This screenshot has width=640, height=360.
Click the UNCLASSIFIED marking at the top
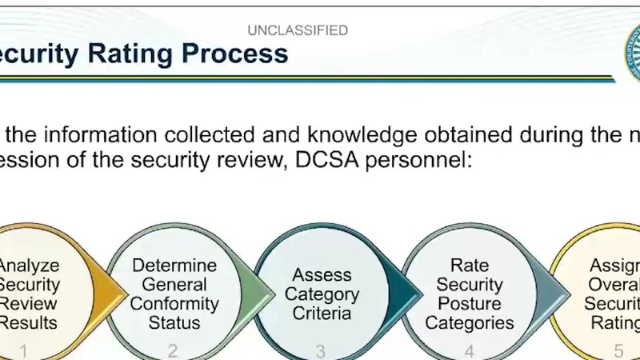298,30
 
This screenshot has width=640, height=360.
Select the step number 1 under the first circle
24,350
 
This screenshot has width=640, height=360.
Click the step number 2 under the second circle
173,350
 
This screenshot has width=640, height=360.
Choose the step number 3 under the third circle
321,350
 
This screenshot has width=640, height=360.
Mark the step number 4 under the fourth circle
470,350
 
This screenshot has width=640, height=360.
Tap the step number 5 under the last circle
618,350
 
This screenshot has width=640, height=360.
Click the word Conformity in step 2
174,304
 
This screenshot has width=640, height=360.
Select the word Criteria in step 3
322,314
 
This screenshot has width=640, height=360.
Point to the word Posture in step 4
470,304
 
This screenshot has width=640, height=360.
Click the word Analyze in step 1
29,266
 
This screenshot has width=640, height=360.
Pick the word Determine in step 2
174,266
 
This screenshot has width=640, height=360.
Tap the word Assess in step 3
322,275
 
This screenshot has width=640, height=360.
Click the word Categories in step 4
470,323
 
